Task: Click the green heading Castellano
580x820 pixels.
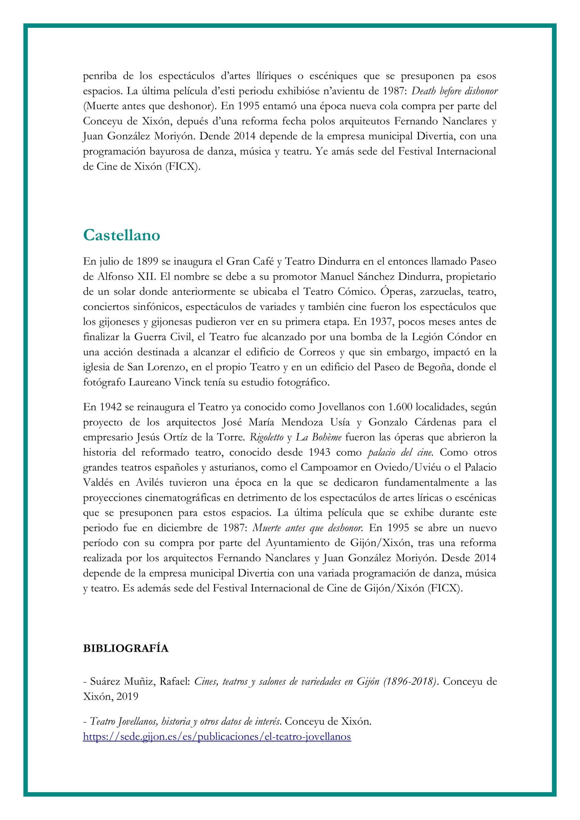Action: [121, 236]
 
